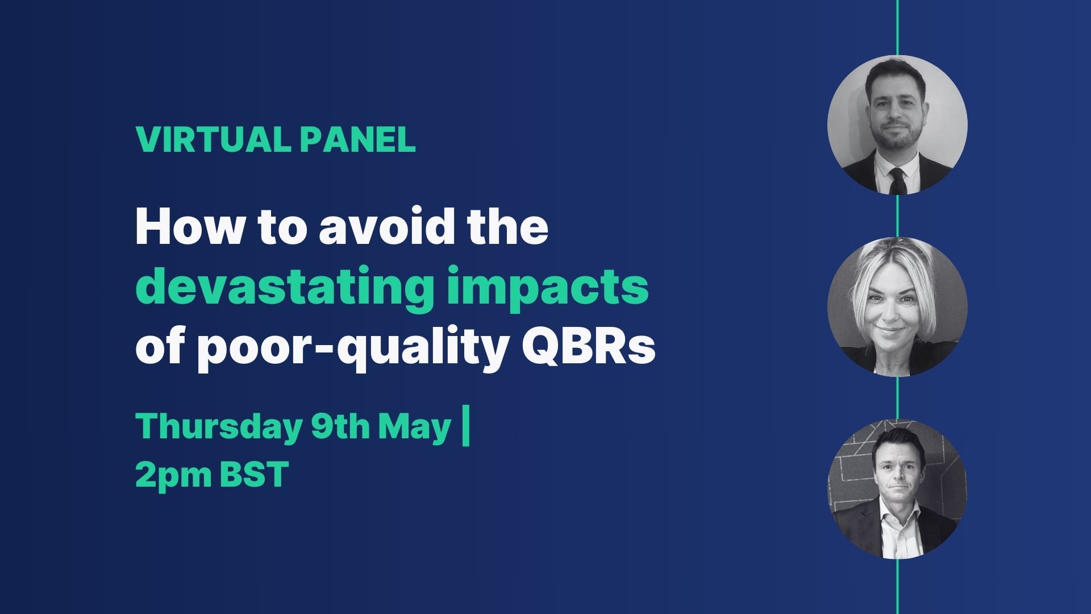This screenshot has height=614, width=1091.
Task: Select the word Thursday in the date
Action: click(x=218, y=428)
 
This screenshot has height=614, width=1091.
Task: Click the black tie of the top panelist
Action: click(x=898, y=180)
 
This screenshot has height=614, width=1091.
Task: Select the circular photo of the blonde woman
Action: click(x=898, y=307)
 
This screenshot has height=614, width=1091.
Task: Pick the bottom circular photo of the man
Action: click(x=898, y=489)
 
